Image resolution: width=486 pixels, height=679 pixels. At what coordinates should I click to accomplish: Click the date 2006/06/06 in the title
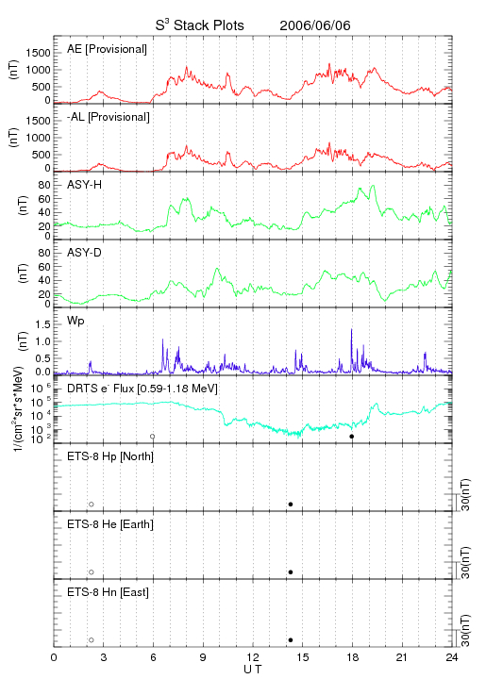(x=315, y=25)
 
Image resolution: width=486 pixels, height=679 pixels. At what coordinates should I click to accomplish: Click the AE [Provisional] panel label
(x=107, y=49)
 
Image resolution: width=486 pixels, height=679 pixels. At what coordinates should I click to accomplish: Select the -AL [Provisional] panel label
(x=109, y=117)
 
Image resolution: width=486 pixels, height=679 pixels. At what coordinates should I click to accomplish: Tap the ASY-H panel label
(x=85, y=185)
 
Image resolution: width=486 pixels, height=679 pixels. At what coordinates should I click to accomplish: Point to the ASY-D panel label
(x=85, y=253)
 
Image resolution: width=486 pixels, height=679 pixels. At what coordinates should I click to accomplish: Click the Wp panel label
(x=75, y=322)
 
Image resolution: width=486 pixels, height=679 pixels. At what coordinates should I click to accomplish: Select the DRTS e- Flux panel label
(x=142, y=389)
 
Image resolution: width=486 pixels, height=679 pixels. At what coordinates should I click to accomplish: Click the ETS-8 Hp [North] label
(x=110, y=456)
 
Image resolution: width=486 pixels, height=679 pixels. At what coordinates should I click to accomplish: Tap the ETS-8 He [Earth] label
(x=110, y=524)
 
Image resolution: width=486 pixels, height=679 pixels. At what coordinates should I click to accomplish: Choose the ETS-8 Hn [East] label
(x=108, y=592)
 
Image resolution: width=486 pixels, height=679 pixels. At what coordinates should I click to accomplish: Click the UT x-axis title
(x=253, y=669)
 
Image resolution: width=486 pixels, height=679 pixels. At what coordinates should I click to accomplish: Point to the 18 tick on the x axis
(x=353, y=657)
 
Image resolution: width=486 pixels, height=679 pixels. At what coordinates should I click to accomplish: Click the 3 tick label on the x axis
(x=104, y=657)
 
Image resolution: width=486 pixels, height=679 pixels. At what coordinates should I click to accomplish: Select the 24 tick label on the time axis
(x=452, y=657)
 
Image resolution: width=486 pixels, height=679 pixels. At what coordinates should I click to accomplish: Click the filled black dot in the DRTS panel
(x=352, y=437)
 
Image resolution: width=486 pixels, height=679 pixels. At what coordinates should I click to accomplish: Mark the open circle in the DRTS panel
(x=153, y=437)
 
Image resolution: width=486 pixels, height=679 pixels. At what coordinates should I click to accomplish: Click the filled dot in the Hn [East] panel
(x=291, y=640)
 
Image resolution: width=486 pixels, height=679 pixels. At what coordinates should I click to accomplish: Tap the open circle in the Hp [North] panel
(x=92, y=505)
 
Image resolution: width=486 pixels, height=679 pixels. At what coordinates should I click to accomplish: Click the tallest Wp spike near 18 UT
(x=351, y=330)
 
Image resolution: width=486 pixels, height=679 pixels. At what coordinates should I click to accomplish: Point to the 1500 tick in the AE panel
(x=38, y=53)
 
